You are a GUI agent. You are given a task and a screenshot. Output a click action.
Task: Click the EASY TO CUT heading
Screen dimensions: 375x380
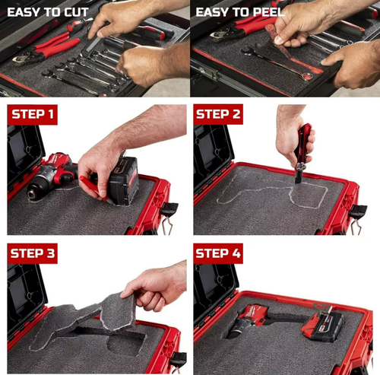pos(49,12)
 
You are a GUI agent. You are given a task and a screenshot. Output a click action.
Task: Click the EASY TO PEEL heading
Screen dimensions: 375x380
pos(240,12)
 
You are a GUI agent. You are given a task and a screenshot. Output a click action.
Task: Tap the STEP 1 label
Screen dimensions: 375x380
pos(34,115)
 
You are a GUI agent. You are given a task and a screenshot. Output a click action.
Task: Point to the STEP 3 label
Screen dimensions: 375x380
pos(34,254)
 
